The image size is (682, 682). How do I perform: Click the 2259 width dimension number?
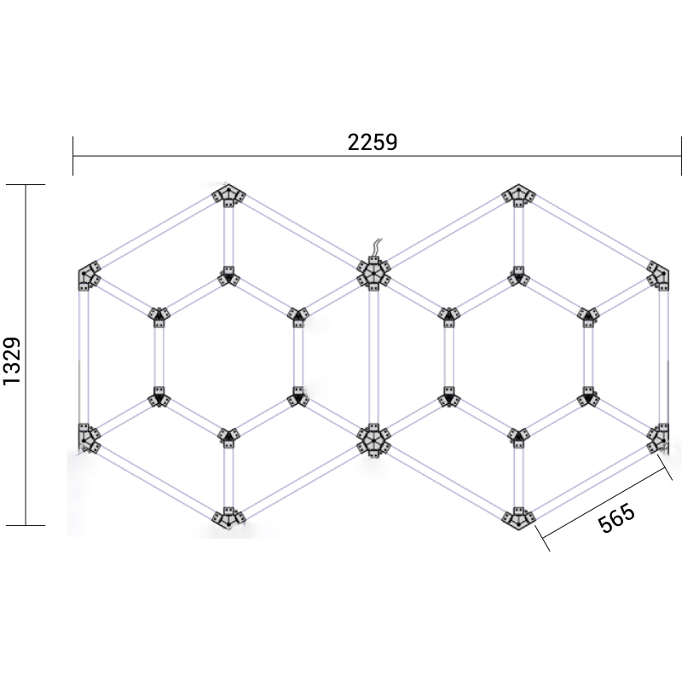373,142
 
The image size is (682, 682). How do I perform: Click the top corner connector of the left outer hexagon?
228,195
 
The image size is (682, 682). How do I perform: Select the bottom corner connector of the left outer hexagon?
228,517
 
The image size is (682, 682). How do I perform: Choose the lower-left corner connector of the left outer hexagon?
88,437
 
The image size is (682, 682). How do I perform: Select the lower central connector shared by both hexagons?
373,440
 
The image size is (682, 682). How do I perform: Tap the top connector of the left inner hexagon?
228,276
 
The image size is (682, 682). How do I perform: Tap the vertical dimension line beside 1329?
26,443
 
